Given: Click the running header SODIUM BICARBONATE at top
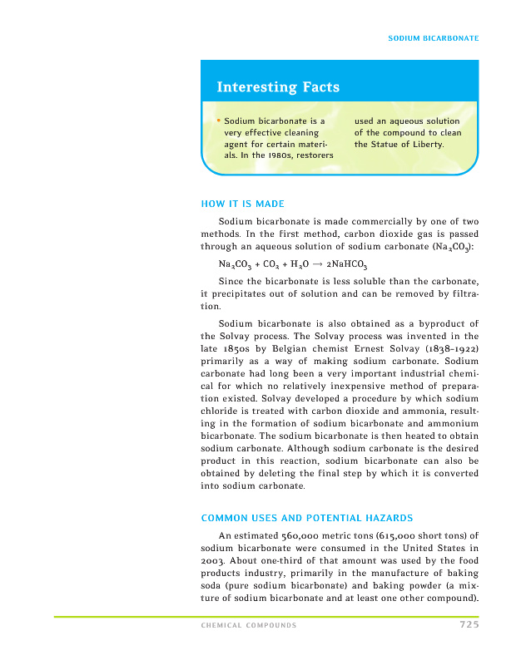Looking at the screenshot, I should tap(434, 39).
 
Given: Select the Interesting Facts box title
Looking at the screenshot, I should tap(278, 87).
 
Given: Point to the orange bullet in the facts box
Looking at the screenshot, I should tap(218, 121).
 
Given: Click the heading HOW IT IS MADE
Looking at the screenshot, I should tap(243, 204).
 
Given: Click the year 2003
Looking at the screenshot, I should tap(213, 561).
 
